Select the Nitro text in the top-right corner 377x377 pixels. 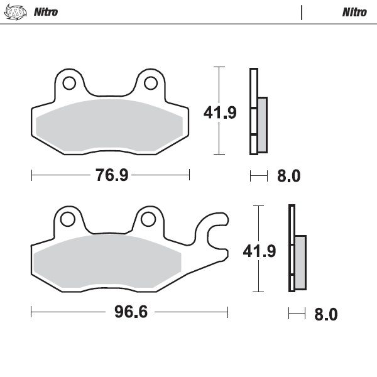pyautogui.click(x=354, y=12)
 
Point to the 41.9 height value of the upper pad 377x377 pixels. pyautogui.click(x=219, y=112)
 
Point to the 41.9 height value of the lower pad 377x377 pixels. pyautogui.click(x=260, y=251)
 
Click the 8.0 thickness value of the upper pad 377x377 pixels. pyautogui.click(x=288, y=176)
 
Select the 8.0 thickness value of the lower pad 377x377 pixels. pyautogui.click(x=325, y=314)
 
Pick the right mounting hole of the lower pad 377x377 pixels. pyautogui.click(x=148, y=218)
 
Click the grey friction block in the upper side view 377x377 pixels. pyautogui.click(x=262, y=124)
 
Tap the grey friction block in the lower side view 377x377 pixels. pyautogui.click(x=300, y=262)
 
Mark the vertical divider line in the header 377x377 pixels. pyautogui.click(x=302, y=12)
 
